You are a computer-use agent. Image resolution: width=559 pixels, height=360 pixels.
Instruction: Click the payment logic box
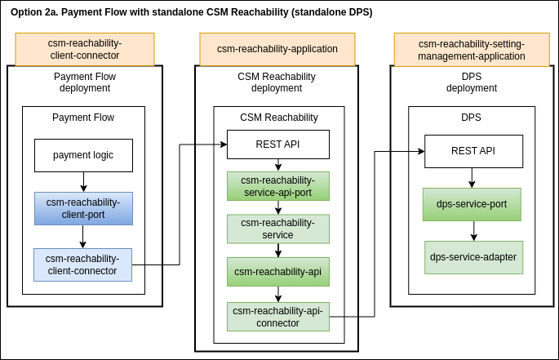[x=83, y=155]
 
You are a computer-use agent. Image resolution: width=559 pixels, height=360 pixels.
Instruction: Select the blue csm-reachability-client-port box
[x=83, y=208]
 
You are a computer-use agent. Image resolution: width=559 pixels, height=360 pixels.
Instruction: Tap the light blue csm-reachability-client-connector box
[x=82, y=264]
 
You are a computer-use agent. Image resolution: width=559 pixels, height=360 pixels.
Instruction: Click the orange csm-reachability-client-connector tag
[x=85, y=49]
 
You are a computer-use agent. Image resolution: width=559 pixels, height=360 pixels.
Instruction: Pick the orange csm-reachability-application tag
[x=277, y=49]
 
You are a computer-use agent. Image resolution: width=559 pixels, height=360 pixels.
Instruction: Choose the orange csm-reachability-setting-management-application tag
[x=472, y=49]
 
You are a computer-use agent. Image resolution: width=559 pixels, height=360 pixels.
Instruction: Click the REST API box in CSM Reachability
[x=277, y=144]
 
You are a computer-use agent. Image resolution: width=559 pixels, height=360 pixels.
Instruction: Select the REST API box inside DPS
[x=473, y=151]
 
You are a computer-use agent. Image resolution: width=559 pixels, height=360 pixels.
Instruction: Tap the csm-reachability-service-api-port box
[x=278, y=186]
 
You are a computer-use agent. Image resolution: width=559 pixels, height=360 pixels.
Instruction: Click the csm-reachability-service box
[x=278, y=229]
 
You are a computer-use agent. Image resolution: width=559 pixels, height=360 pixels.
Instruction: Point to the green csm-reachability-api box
[x=278, y=271]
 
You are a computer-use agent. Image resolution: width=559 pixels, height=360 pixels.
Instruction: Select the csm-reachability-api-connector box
[x=278, y=316]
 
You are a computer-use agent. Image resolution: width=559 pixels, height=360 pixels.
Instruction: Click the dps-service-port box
[x=472, y=204]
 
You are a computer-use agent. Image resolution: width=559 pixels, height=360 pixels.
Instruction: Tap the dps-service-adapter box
[x=472, y=256]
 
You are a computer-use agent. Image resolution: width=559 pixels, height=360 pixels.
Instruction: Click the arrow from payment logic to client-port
[x=83, y=181]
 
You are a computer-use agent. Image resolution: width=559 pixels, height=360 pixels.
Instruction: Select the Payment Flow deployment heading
[x=85, y=82]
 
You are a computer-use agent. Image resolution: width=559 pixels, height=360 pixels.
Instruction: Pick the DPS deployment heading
[x=472, y=82]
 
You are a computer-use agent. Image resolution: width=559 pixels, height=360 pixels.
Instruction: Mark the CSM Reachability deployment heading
[x=277, y=82]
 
